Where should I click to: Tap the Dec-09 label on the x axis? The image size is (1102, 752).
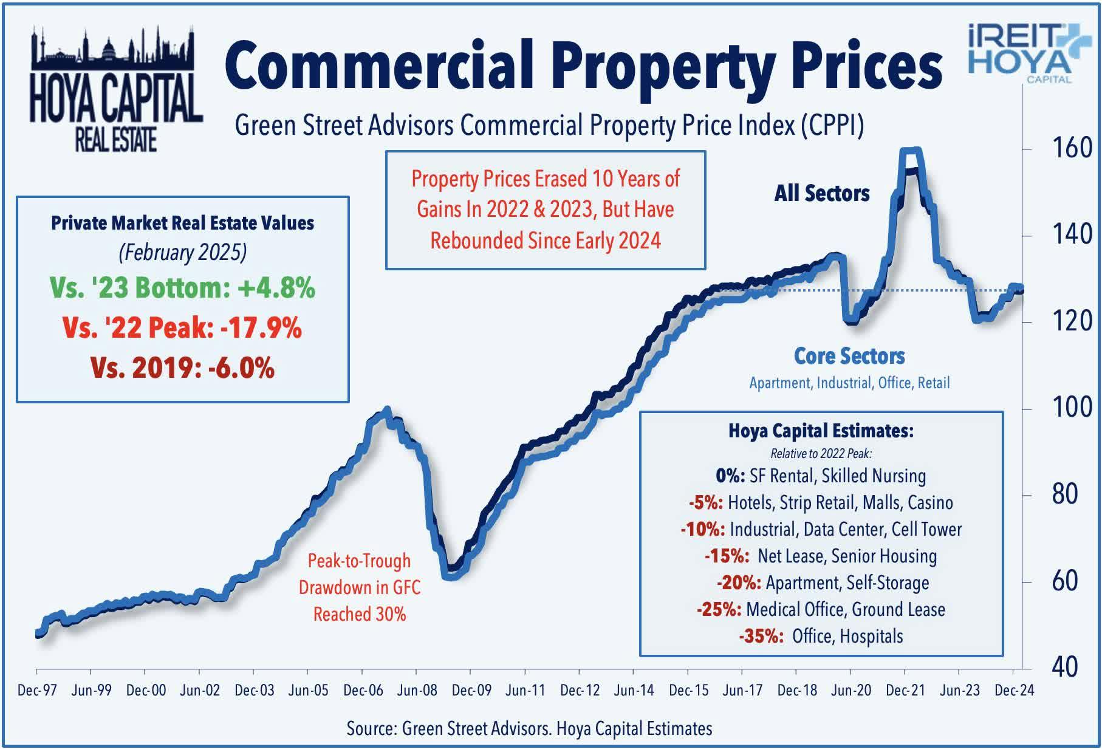(471, 691)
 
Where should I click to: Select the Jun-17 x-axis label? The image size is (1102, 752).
(742, 691)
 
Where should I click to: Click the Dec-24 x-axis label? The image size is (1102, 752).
(1013, 691)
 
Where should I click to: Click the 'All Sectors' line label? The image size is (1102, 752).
(821, 193)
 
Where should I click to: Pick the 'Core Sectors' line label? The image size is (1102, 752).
(849, 356)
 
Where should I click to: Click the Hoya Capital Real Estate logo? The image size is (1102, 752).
(115, 89)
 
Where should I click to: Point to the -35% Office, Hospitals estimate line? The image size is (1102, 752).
(821, 636)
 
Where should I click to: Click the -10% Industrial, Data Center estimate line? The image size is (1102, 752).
(821, 529)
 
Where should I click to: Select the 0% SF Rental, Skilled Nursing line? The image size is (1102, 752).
(821, 476)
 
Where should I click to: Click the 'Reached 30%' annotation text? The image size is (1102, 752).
(359, 614)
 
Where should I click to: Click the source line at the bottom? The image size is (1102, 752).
(529, 728)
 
